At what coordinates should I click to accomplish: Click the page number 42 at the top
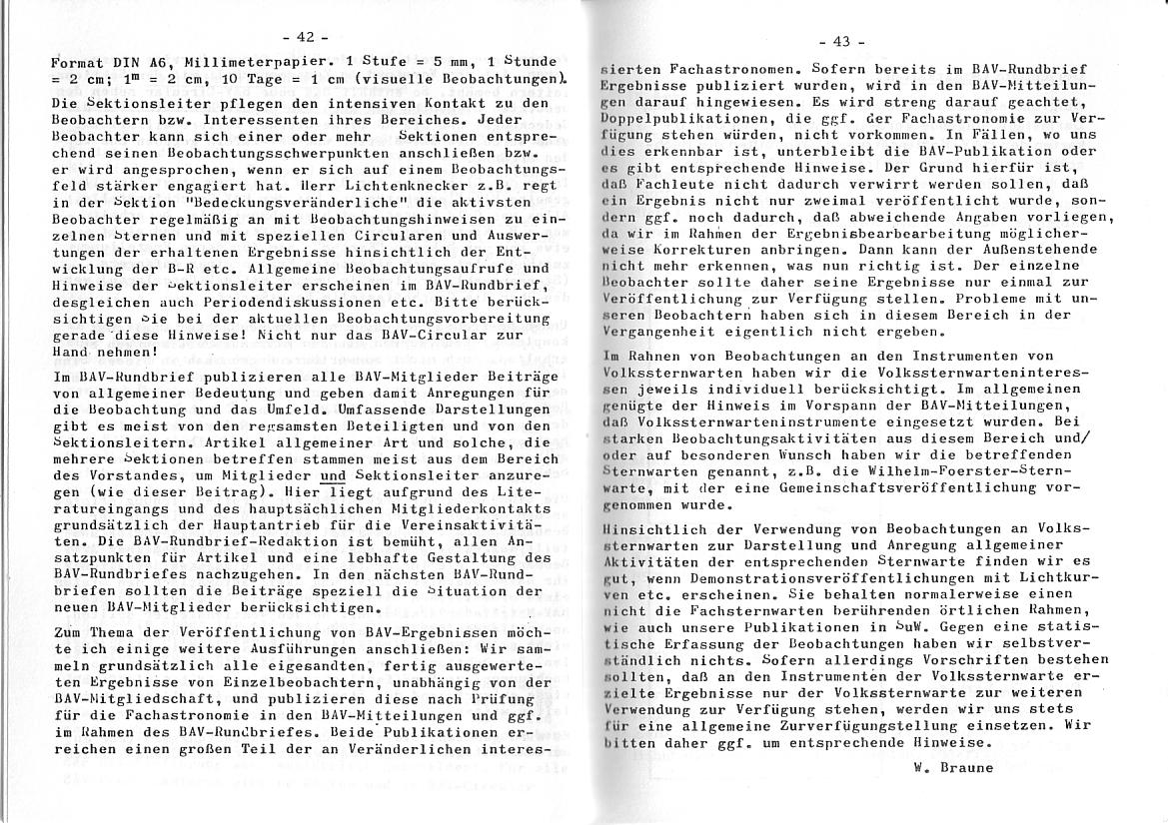pyautogui.click(x=306, y=37)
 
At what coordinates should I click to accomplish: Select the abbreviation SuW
pyautogui.click(x=884, y=627)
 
